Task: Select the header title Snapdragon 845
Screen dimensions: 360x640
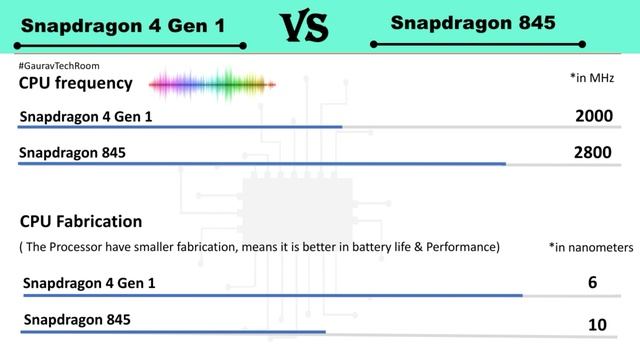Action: click(473, 21)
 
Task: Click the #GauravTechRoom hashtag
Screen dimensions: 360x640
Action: click(59, 66)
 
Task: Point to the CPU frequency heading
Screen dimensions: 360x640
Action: click(76, 83)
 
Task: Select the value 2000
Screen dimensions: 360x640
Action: click(593, 116)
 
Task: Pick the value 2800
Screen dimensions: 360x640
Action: click(593, 153)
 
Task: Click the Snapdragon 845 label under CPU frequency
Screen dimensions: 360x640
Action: click(73, 154)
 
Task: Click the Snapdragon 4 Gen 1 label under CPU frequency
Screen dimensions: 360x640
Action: click(86, 117)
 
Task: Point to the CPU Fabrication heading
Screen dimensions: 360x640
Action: click(81, 221)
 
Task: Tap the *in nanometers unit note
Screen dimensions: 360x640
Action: click(591, 246)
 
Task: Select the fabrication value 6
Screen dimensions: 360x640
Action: click(593, 283)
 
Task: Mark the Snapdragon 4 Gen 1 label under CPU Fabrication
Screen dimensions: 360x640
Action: click(90, 284)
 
